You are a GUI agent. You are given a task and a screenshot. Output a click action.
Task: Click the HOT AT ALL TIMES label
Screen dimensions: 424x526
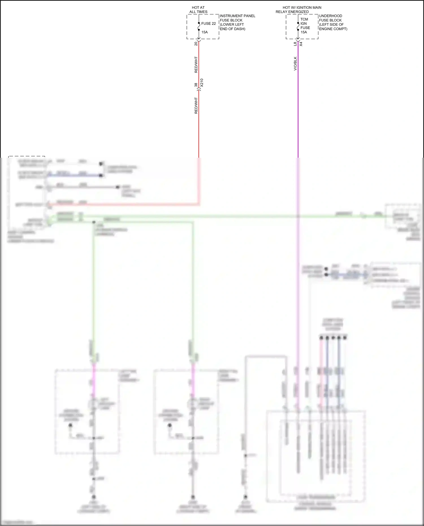coord(198,10)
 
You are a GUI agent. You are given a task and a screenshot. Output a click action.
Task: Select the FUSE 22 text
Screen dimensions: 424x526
coord(208,23)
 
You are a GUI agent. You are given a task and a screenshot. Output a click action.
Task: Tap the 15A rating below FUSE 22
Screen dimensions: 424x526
coord(205,32)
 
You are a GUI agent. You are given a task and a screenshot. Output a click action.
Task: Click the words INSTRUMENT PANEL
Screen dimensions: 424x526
coord(237,16)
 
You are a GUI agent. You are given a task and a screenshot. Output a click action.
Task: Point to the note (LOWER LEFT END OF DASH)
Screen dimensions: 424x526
coord(232,27)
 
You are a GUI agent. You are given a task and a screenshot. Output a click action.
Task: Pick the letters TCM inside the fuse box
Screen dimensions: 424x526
coord(304,19)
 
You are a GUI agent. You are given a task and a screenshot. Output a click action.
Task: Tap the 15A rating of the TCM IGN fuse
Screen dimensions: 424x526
coord(304,32)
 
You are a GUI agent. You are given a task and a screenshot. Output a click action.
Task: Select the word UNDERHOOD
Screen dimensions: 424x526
coord(330,16)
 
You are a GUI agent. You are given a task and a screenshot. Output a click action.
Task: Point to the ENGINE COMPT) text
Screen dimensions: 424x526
coord(333,29)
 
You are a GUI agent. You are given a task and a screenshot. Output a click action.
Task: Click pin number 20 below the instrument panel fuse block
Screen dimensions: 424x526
coord(196,44)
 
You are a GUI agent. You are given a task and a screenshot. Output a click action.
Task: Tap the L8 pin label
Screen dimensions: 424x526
coord(295,44)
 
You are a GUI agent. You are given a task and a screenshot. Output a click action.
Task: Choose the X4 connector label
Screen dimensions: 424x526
coord(301,44)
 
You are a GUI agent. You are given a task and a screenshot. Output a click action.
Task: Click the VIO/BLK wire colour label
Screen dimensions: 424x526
coord(295,64)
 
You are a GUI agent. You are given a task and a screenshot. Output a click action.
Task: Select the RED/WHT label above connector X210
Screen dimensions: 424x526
coord(196,65)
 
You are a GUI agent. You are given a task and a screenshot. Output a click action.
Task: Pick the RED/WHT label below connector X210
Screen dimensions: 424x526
coord(196,106)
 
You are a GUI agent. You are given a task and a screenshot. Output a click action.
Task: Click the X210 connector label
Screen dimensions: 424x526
coord(202,83)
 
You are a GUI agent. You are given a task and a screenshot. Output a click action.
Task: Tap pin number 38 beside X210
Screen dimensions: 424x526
coord(196,85)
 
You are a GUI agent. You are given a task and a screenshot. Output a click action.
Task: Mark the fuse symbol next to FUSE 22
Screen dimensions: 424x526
coord(199,26)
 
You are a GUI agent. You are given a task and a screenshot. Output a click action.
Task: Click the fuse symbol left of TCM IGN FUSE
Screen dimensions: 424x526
coord(298,26)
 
